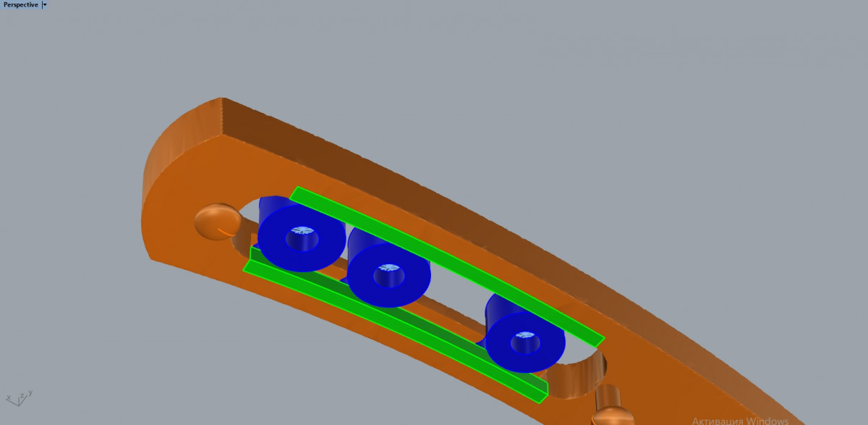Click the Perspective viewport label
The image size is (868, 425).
[20, 5]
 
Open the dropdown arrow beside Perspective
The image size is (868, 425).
[45, 5]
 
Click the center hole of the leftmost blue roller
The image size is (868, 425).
[302, 238]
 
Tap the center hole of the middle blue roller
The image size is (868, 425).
[388, 275]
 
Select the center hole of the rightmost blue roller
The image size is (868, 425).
[525, 342]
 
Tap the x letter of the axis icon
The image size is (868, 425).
[9, 398]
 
